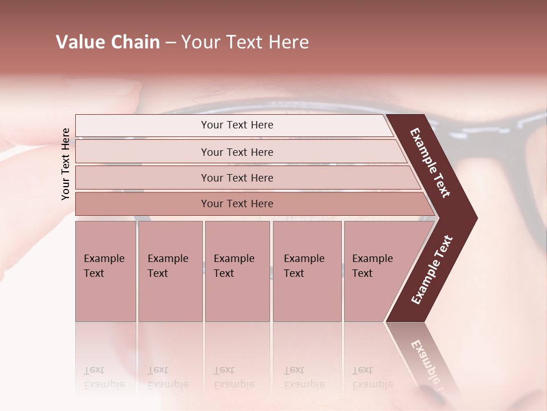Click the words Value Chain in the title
point(108,42)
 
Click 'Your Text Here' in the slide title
point(245,42)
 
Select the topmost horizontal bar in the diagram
point(236,125)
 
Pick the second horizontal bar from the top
point(236,152)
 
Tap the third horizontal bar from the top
point(236,178)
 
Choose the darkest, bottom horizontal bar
point(236,204)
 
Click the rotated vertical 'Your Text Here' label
point(66,164)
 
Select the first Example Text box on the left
point(105,271)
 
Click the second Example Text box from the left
point(170,271)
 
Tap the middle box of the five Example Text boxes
point(237,271)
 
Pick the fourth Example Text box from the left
point(307,271)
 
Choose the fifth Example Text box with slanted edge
point(376,271)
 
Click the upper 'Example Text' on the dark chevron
point(430,163)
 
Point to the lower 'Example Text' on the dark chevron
point(432,270)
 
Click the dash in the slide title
point(170,43)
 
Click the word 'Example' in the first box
point(104,259)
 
